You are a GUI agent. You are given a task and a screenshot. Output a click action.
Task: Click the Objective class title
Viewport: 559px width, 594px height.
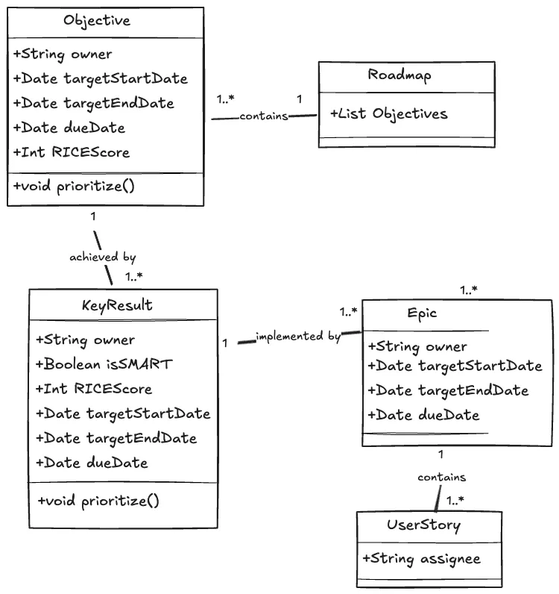[97, 21]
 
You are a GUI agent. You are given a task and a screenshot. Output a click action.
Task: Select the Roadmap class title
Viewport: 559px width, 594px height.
[399, 75]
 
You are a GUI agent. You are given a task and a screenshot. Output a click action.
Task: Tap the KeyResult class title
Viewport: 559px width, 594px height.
[116, 305]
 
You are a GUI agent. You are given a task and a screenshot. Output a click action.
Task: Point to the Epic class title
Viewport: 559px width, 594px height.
[422, 313]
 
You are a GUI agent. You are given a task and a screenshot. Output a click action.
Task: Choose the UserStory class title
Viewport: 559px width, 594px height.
[423, 525]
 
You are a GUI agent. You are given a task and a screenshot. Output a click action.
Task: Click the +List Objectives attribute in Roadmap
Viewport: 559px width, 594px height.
[389, 114]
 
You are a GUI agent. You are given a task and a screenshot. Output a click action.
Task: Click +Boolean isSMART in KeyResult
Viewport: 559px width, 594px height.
[104, 364]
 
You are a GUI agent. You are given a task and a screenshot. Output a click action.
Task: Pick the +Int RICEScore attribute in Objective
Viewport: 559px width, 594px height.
[72, 152]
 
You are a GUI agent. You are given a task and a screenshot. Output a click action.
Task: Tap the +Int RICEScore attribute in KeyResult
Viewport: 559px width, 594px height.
[94, 389]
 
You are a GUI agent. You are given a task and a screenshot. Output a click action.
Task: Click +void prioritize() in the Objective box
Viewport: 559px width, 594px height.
[74, 186]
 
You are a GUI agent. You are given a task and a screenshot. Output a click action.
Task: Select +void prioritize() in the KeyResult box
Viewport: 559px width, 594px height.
[98, 501]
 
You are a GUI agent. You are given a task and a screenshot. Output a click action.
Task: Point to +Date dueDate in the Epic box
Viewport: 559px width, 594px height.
[423, 415]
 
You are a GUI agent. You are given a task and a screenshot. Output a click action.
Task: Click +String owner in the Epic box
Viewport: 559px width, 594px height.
[417, 346]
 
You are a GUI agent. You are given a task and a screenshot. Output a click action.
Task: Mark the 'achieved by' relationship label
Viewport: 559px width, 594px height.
[103, 257]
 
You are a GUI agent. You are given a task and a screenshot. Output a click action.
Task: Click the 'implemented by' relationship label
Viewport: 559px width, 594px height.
[297, 337]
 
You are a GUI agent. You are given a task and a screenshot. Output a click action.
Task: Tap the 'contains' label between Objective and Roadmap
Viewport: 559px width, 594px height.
[263, 116]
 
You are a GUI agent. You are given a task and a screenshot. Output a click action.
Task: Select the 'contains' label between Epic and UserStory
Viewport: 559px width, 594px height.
[441, 477]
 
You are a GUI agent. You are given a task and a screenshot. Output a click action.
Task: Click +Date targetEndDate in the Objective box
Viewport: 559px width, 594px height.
[93, 103]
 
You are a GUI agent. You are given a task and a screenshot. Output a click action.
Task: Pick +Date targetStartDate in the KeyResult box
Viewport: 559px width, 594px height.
[123, 413]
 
